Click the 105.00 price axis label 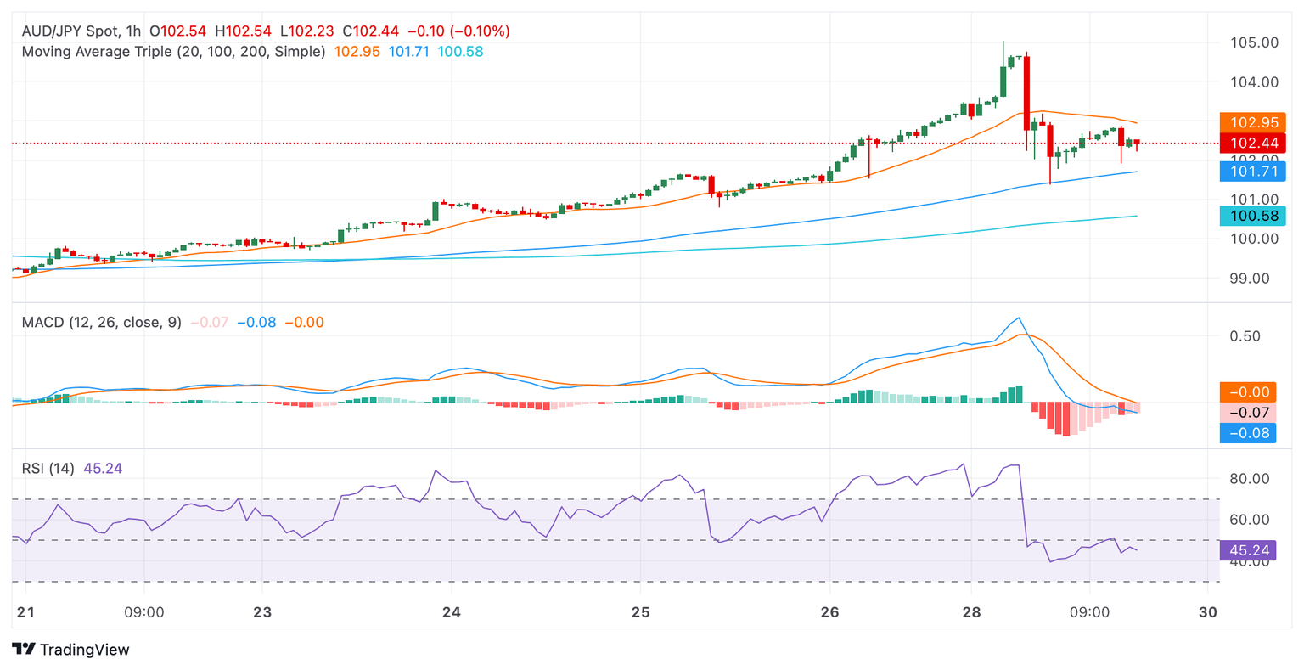1255,42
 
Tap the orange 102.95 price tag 1252,122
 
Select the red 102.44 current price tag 1252,144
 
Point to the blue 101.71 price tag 1252,172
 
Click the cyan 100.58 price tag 1252,216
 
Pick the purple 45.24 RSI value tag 1249,550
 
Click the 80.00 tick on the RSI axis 1249,479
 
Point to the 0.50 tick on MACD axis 1245,336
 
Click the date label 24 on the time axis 452,612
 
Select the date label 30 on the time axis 1208,612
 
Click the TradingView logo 71,650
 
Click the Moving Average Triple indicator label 173,52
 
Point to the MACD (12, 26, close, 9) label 101,323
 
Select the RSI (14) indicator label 48,469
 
